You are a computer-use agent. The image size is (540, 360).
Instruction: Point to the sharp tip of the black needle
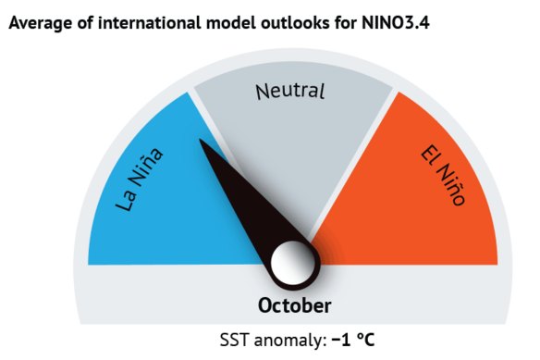tap(202, 141)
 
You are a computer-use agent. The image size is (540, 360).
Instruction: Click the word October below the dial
tap(294, 304)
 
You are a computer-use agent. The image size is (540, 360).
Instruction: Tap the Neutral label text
tap(290, 91)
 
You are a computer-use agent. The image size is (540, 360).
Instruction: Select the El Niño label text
tap(442, 173)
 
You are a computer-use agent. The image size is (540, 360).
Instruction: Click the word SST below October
tap(234, 340)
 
